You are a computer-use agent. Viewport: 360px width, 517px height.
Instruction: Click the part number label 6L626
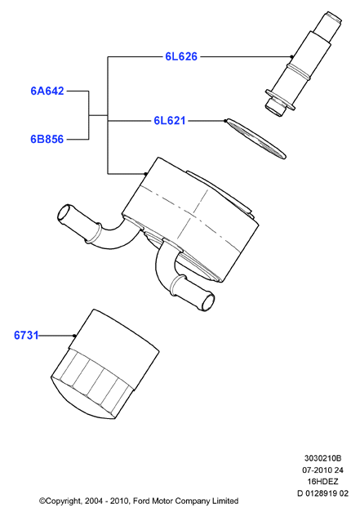pos(181,56)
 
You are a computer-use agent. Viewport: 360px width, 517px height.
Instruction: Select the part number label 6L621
pos(170,121)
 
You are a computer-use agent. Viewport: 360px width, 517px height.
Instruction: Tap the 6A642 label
pos(47,91)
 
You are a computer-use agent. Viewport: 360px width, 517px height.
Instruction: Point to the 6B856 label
pos(47,139)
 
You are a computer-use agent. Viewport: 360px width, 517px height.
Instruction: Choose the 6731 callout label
pos(26,336)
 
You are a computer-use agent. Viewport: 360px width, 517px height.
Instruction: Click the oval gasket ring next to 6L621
pos(256,139)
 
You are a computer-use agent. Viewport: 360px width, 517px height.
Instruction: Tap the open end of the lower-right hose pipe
pos(208,301)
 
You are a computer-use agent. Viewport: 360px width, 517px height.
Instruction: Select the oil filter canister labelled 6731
pos(105,364)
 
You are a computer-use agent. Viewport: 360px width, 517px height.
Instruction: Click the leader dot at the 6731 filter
pos(74,336)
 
